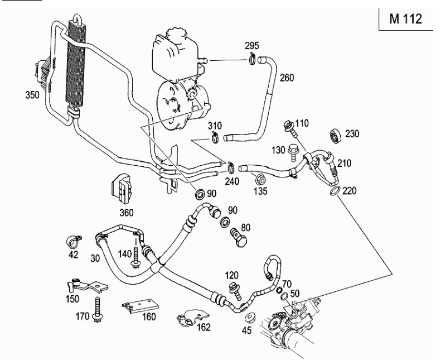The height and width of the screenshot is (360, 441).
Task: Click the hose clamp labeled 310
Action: click(x=214, y=137)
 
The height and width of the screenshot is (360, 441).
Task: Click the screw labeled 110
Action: click(x=290, y=127)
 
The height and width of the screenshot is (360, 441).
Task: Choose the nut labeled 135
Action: click(x=260, y=180)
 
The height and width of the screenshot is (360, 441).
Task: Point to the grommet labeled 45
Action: click(x=249, y=319)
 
